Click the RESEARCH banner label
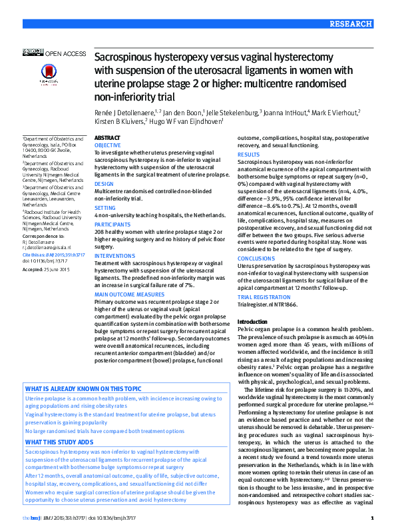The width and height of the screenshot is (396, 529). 350,24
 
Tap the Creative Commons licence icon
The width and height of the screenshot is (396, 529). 33,52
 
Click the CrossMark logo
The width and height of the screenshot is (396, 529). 48,73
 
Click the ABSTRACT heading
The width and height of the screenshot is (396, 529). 107,137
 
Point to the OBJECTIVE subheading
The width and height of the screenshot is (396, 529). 108,145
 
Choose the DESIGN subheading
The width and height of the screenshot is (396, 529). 104,183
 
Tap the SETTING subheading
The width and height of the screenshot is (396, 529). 105,207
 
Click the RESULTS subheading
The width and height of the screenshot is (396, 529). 249,155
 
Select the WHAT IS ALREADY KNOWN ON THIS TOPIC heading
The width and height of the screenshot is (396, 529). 83,388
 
